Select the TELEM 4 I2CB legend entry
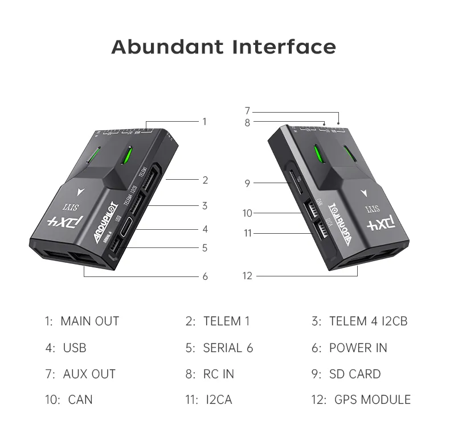pyautogui.click(x=359, y=321)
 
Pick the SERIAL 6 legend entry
pyautogui.click(x=219, y=348)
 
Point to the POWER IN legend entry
pyautogui.click(x=349, y=348)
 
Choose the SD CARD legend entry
pyautogui.click(x=346, y=374)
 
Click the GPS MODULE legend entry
pyautogui.click(x=361, y=400)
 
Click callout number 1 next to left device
pyautogui.click(x=204, y=121)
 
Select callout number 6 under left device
pyautogui.click(x=205, y=276)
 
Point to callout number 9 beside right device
pyautogui.click(x=247, y=183)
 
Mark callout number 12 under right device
pyautogui.click(x=247, y=276)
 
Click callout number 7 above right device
pyautogui.click(x=247, y=111)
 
